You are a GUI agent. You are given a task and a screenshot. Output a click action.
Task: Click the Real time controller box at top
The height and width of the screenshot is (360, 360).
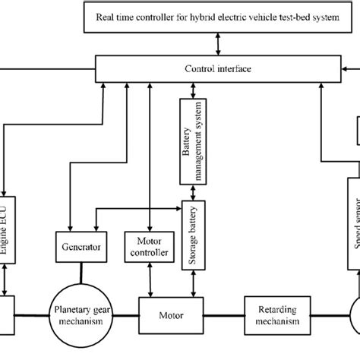(218, 17)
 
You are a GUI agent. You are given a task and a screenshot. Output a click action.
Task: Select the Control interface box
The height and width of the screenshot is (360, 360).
(218, 69)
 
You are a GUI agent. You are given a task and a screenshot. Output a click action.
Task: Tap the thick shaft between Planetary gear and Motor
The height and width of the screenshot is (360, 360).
(125, 313)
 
